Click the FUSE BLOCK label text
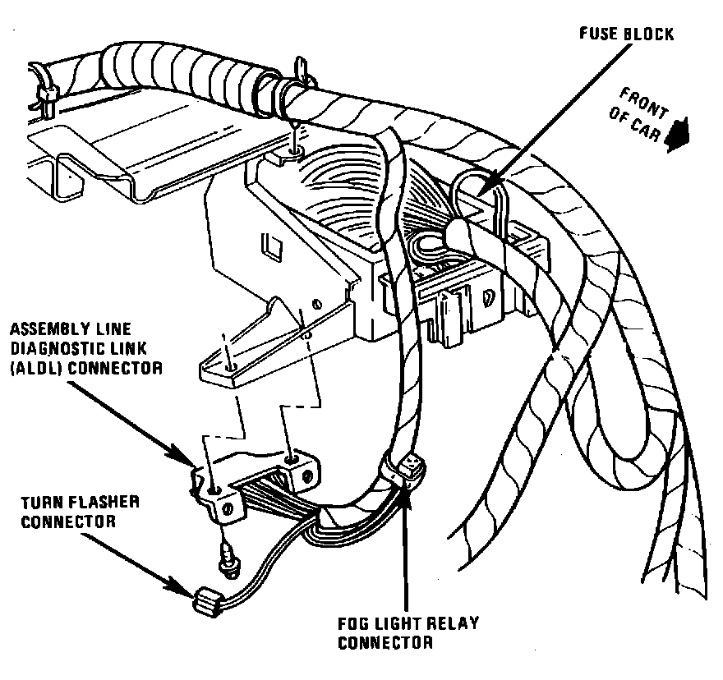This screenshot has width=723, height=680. pos(626,34)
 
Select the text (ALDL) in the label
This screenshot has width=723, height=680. pos(32,369)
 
